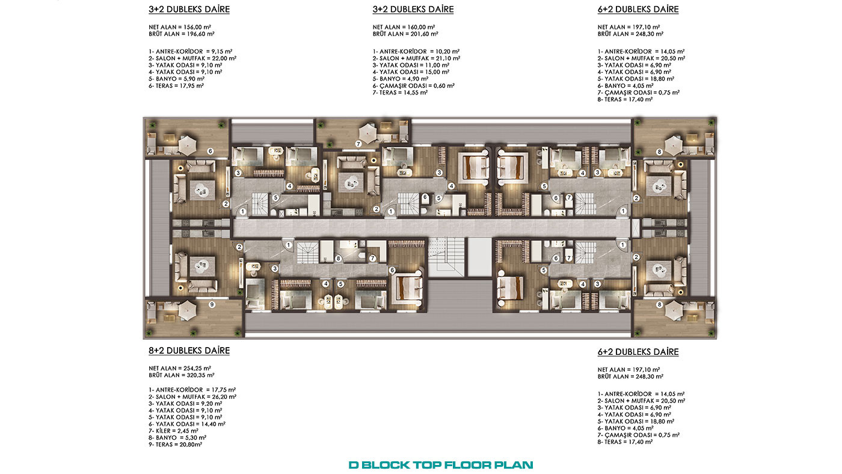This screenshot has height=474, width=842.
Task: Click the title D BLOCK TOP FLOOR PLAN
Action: tap(440, 465)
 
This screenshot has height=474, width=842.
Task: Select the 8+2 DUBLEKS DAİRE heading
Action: tap(189, 351)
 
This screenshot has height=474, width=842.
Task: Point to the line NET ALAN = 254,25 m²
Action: tap(180, 368)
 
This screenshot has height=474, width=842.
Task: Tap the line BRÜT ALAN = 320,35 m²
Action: tap(181, 375)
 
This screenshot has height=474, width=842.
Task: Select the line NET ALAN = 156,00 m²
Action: tap(180, 27)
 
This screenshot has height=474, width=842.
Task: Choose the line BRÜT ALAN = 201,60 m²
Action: tap(405, 34)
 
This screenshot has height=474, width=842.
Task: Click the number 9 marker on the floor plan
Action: tap(212, 304)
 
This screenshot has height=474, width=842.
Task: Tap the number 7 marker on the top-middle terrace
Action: tap(358, 144)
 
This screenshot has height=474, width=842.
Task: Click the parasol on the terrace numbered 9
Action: tap(187, 310)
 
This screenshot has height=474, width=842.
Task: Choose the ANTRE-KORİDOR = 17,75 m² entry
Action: tap(192, 390)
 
